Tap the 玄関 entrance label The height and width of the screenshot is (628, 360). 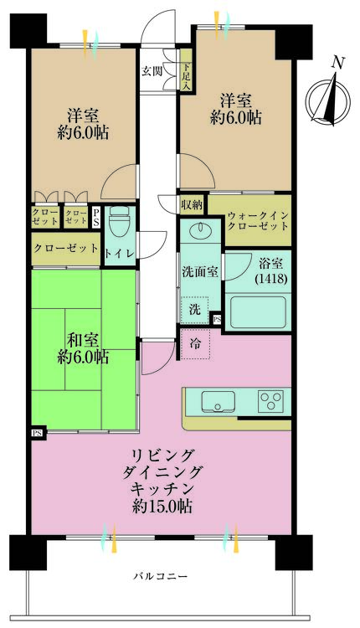click(152, 70)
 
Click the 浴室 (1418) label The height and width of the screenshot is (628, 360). click(268, 269)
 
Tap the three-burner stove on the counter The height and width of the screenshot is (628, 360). click(271, 399)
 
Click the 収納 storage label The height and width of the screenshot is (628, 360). click(191, 204)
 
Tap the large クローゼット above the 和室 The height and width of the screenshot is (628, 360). click(65, 249)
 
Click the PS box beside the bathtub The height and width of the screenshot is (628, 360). click(217, 319)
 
